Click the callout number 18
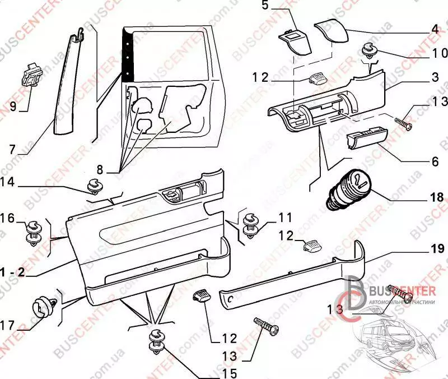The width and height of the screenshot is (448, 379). [437, 197]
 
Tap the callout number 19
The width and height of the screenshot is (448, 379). [437, 247]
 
